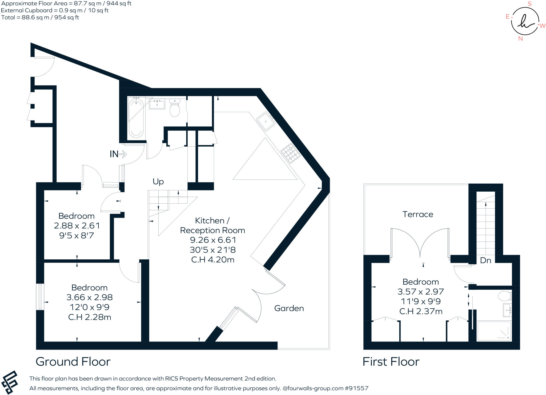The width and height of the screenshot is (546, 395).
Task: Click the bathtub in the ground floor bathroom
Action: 136,117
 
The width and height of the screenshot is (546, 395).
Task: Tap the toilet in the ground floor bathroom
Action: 175,108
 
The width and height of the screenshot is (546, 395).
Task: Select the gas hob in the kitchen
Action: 290,153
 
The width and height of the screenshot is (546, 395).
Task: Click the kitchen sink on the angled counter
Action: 266,122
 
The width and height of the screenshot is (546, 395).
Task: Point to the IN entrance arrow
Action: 118,154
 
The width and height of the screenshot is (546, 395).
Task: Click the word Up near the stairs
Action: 158,182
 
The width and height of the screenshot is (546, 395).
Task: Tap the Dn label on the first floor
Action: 485,260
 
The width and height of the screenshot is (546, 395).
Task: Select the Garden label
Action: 289,308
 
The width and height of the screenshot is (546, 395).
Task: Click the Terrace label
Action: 418,214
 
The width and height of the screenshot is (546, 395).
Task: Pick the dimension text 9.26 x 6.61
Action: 213,240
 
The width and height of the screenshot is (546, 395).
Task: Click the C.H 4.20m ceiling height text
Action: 213,260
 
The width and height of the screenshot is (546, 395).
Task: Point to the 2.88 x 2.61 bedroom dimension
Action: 77,226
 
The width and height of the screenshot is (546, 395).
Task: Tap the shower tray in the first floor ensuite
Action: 494,331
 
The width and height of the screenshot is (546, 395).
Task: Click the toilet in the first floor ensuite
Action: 504,296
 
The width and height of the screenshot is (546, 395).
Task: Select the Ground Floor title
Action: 73,362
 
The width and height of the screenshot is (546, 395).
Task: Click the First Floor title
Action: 391,362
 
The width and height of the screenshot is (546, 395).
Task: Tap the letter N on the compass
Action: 520,39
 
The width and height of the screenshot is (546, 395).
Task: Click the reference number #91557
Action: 356,388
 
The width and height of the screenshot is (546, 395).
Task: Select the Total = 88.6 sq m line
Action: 40,18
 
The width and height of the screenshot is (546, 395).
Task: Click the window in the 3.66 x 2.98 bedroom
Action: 40,297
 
